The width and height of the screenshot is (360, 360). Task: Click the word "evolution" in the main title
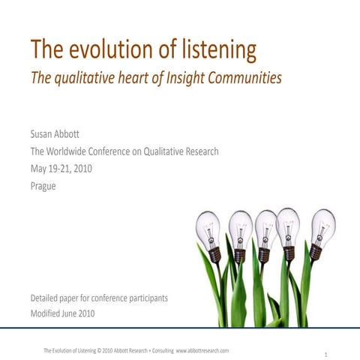(109, 50)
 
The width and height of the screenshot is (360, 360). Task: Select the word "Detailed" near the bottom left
(47, 298)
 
